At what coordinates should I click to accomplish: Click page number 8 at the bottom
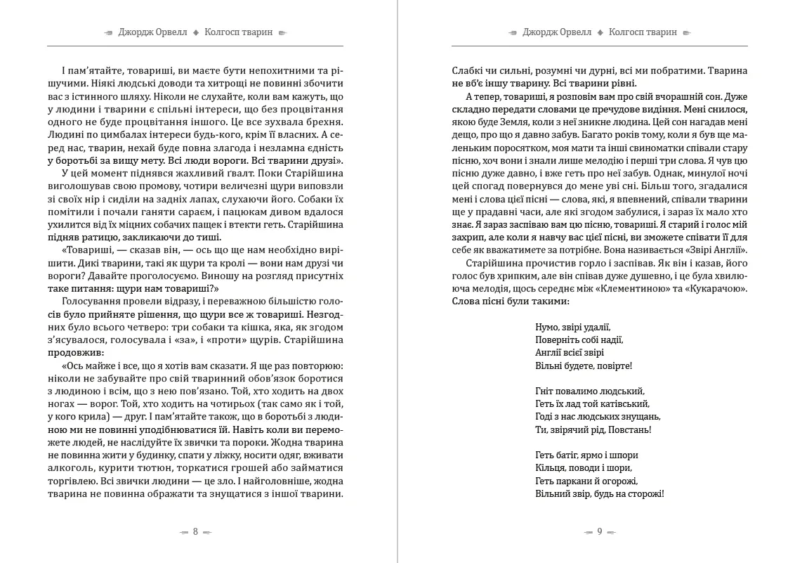(x=195, y=531)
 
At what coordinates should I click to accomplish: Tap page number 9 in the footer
(x=600, y=531)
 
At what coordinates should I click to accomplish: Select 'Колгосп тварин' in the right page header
(x=643, y=32)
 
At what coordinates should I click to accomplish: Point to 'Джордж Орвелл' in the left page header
(x=152, y=32)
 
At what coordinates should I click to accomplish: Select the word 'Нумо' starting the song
(x=546, y=327)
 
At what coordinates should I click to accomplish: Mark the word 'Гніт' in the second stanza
(x=544, y=391)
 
